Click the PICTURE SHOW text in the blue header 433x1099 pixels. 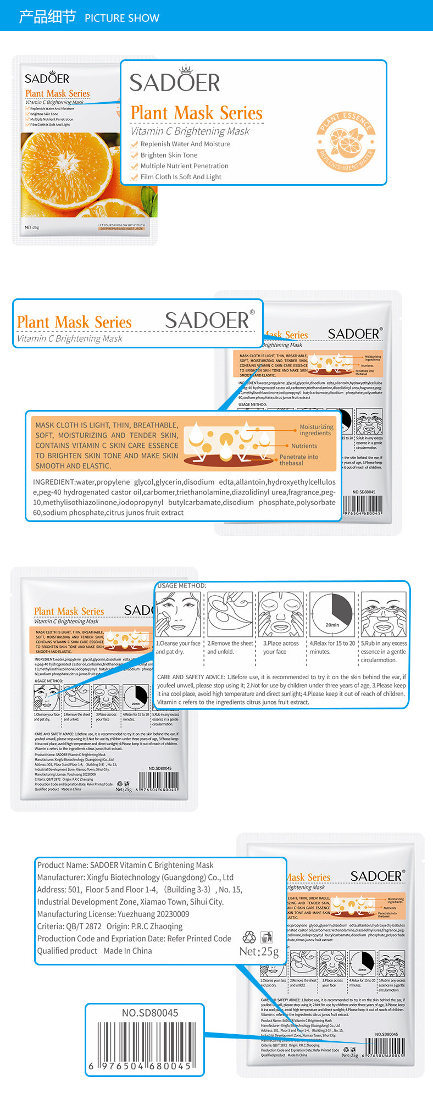(121, 18)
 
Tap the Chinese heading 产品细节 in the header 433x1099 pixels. (47, 17)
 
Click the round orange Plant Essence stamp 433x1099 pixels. (346, 142)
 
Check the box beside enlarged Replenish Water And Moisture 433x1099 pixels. (134, 145)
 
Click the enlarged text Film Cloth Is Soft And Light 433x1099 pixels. (181, 177)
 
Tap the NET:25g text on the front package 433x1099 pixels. (32, 227)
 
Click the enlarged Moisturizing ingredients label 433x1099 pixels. (316, 430)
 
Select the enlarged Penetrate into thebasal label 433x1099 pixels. (298, 460)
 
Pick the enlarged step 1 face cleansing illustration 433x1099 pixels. (177, 614)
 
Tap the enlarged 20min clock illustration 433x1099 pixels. (331, 614)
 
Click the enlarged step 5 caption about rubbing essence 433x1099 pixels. (384, 651)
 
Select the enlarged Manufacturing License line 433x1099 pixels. (113, 914)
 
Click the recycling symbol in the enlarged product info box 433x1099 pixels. (249, 937)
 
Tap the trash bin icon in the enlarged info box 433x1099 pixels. (267, 937)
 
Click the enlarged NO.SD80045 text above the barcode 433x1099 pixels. (150, 1013)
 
